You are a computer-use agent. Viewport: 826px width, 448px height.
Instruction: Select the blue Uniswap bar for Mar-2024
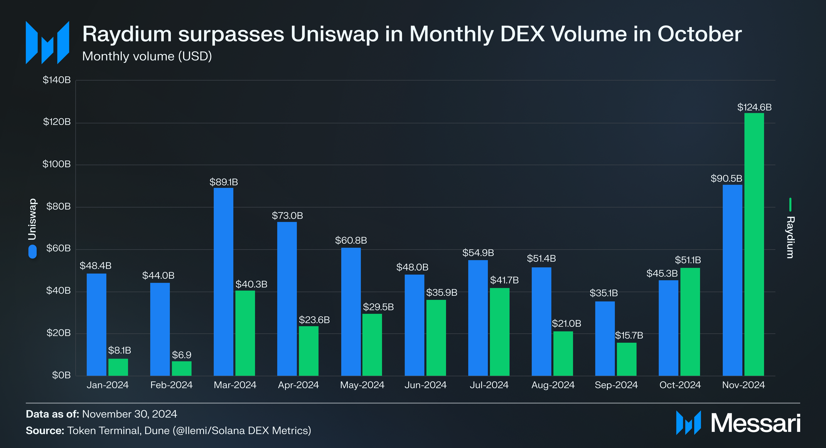coord(223,282)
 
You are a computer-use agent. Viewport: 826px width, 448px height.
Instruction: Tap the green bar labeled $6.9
coord(182,368)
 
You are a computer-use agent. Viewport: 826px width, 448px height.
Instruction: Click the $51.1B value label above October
coord(688,260)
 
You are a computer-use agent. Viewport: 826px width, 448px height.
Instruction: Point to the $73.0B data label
coord(287,216)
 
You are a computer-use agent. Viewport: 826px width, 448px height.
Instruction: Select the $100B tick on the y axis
coord(57,164)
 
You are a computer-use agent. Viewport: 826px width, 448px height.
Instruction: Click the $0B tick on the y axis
coord(61,375)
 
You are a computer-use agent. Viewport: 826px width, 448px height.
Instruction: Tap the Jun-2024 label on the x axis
coord(425,385)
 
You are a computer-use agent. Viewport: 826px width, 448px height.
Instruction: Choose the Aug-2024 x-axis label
coord(553,385)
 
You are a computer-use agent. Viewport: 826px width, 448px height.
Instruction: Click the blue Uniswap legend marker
coord(32,251)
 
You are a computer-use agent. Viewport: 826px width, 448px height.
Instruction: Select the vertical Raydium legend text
coord(790,237)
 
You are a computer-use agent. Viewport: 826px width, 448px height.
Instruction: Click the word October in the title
coord(699,34)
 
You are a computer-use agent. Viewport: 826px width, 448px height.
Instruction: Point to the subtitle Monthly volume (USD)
coord(147,56)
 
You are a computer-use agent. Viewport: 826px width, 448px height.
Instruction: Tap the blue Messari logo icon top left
coord(47,42)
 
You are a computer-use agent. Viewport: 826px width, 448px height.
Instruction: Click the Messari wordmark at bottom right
coord(755,423)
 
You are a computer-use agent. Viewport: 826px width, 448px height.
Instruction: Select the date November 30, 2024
coord(130,414)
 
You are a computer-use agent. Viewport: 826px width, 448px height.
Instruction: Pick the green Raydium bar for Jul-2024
coord(499,332)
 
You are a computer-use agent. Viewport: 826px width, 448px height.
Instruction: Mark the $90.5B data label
coord(726,179)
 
